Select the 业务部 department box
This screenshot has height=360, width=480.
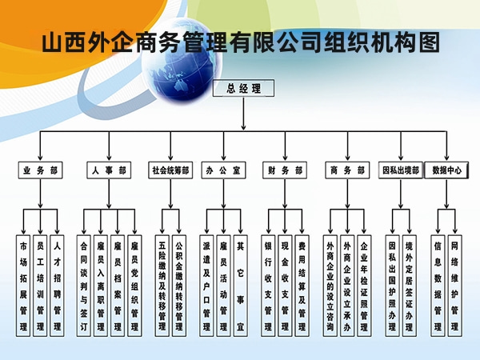(40, 170)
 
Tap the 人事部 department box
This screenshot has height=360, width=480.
(109, 170)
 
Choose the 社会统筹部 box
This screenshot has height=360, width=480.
(170, 170)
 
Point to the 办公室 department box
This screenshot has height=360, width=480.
(224, 170)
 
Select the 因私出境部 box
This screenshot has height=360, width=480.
(400, 170)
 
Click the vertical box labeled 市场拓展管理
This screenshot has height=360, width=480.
(24, 285)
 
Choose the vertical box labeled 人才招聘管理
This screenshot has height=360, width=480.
(57, 285)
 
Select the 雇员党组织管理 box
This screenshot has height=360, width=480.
(134, 285)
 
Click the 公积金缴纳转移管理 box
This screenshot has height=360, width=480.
(179, 285)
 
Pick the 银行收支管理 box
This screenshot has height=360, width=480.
(268, 285)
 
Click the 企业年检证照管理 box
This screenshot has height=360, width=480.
(364, 285)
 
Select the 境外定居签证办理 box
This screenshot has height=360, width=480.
(410, 285)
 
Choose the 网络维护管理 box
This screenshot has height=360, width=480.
(454, 285)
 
